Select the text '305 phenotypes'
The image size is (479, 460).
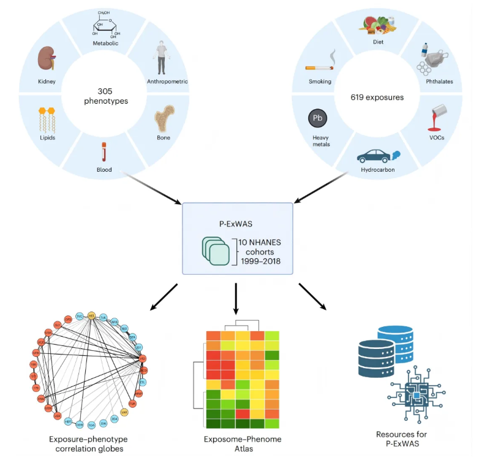[102, 95]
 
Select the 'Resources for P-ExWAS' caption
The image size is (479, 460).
[401, 439]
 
